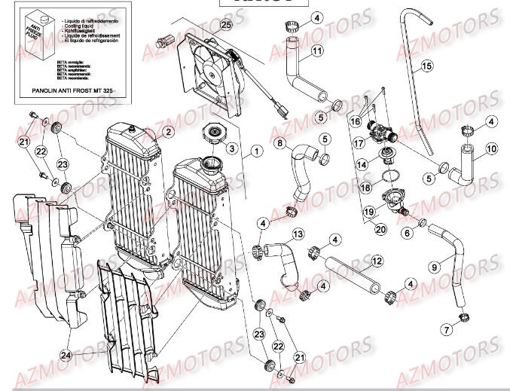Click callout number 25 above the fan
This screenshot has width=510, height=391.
pyautogui.click(x=224, y=25)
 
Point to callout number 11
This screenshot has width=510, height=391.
pyautogui.click(x=317, y=50)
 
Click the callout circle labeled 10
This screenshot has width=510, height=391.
pyautogui.click(x=490, y=149)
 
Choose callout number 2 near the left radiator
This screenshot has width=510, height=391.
pyautogui.click(x=167, y=132)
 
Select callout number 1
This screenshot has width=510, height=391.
pyautogui.click(x=256, y=151)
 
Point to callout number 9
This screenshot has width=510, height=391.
pyautogui.click(x=436, y=265)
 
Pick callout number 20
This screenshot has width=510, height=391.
pyautogui.click(x=380, y=229)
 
